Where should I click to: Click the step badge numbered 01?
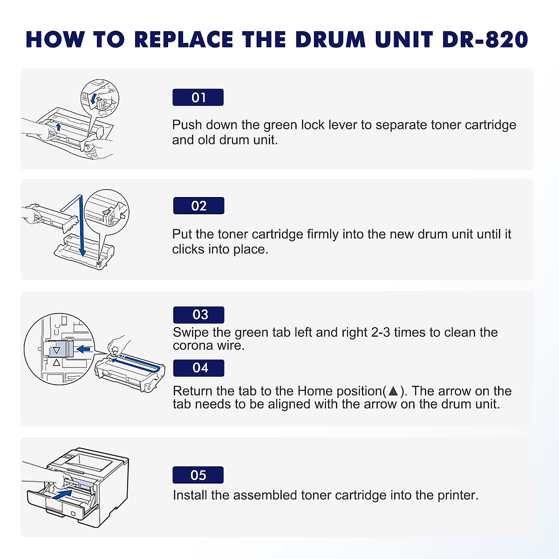coord(198,97)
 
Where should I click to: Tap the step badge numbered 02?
coord(198,206)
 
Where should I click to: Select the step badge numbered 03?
coord(199,315)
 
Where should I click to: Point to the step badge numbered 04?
coord(199,368)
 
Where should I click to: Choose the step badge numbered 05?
coord(198,475)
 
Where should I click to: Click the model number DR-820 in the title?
coord(484,40)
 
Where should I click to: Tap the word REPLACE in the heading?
coord(184,40)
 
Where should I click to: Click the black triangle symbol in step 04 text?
coord(394,391)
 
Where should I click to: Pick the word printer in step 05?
coord(457,495)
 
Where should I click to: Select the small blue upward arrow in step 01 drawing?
coord(58,127)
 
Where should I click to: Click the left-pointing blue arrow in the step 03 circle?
coord(84,348)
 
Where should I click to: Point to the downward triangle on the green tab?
coord(56,351)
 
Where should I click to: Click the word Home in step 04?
coord(315,391)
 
